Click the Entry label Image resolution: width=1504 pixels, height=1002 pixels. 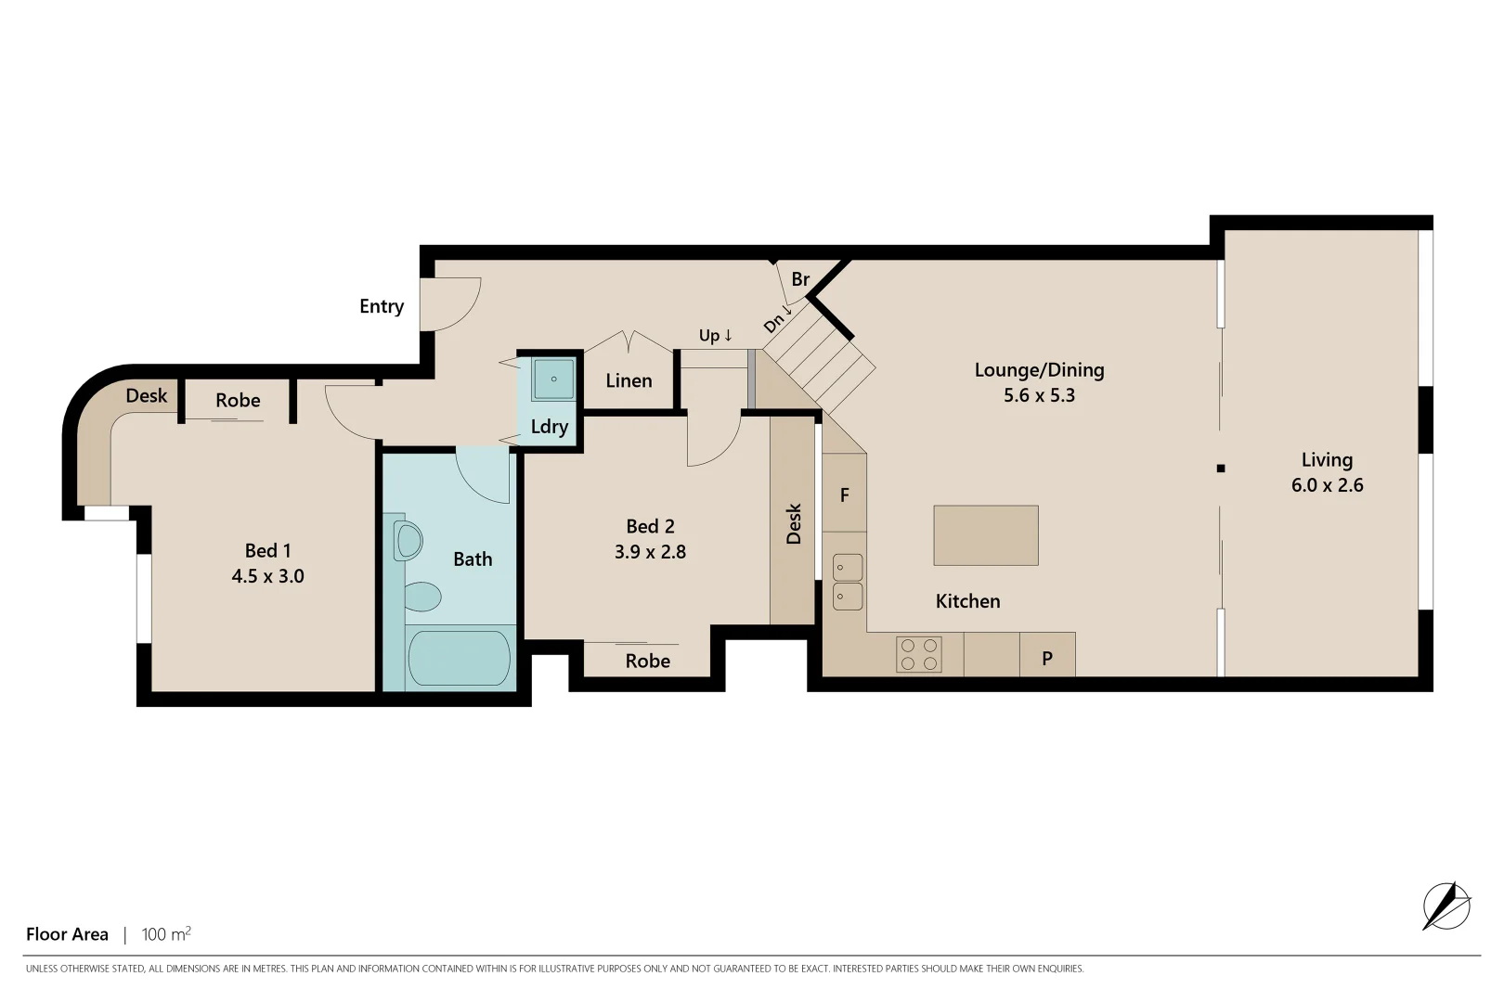point(382,306)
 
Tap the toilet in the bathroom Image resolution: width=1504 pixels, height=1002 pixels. point(422,597)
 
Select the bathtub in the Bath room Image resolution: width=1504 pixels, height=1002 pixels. point(459,658)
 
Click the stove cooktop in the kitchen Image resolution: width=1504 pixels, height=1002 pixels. point(919,654)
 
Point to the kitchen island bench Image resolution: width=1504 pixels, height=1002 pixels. point(985,535)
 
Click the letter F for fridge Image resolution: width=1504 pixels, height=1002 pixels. point(844,495)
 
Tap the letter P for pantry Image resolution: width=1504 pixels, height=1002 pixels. point(1047,659)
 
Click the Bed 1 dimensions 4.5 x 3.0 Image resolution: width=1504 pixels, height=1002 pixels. point(267,576)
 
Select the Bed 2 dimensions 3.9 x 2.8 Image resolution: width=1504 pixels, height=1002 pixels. point(650,552)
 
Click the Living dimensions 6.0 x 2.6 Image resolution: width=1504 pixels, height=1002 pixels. point(1327,485)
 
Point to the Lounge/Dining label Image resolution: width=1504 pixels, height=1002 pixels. point(1039,370)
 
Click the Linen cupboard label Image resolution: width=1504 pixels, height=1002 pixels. point(629,380)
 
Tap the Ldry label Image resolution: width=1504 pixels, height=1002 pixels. point(549,427)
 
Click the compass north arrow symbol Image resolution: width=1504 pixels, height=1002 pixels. point(1446,906)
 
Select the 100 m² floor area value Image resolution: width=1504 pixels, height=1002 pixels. point(166,934)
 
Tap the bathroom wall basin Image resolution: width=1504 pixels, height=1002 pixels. point(407,540)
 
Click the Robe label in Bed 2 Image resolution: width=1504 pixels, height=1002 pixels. point(647,662)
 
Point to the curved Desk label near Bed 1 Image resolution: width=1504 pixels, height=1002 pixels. point(147,396)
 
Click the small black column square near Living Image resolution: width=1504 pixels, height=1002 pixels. point(1221,469)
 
